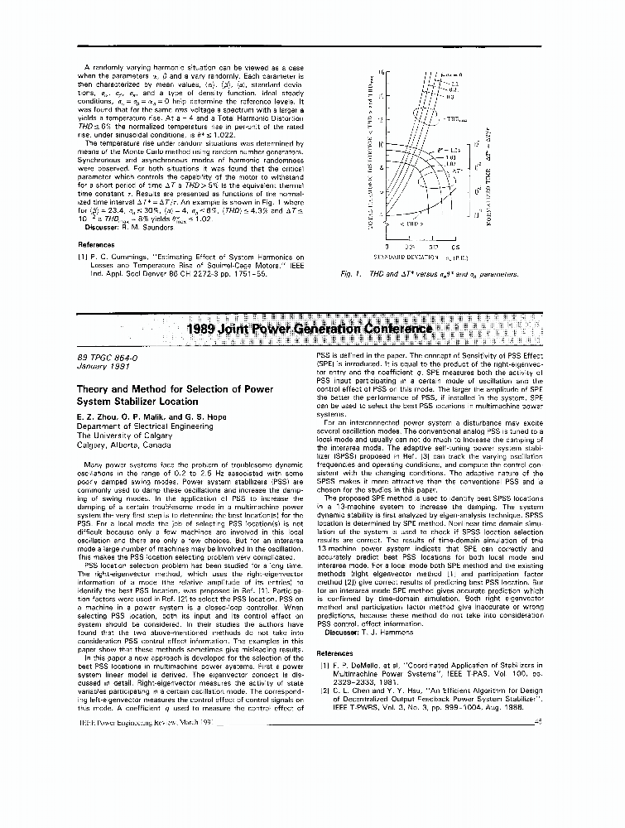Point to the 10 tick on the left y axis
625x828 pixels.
tap(381, 145)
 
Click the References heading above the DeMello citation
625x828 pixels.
tap(335, 652)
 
